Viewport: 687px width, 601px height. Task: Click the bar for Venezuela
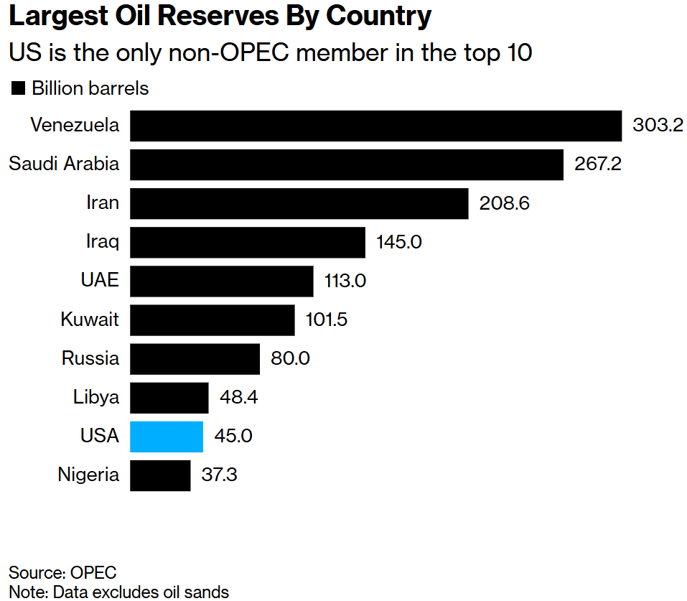point(375,126)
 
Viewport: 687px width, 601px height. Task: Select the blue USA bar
point(167,437)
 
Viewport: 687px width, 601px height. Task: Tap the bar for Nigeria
point(160,475)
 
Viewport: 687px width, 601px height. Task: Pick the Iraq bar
point(248,243)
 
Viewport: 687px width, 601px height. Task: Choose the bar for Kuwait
point(212,320)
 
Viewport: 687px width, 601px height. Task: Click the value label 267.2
point(597,164)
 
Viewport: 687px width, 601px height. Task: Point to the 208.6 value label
point(504,204)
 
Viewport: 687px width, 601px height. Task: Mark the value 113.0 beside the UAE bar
point(345,281)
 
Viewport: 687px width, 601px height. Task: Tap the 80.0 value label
point(290,358)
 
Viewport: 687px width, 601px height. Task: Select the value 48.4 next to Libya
point(238,397)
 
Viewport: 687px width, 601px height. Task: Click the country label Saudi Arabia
point(64,164)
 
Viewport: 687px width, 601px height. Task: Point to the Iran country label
point(103,203)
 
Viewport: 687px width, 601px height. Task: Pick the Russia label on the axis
point(90,358)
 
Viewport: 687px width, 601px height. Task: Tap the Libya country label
point(96,397)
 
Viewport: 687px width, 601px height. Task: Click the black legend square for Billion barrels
point(17,89)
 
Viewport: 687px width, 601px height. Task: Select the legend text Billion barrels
point(90,88)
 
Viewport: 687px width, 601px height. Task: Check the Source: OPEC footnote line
point(62,573)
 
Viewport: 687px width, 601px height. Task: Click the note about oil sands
point(118,592)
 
